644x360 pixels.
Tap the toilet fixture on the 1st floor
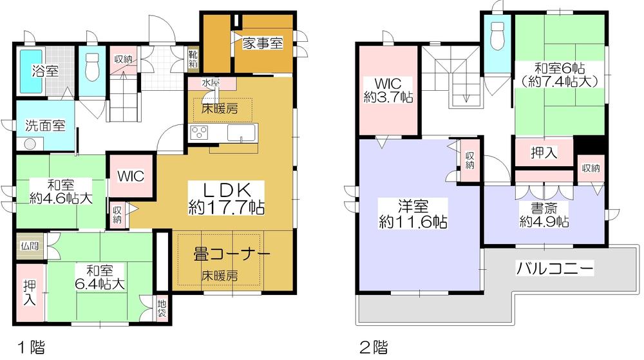tap(91, 67)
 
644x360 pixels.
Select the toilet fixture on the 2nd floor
tap(497, 36)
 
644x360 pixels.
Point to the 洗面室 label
tap(45, 125)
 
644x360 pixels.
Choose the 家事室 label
tap(263, 43)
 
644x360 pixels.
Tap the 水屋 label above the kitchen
tap(210, 83)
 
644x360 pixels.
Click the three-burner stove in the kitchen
tap(200, 133)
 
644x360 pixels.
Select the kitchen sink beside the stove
tap(243, 135)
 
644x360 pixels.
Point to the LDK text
tap(226, 189)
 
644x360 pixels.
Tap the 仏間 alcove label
tap(29, 245)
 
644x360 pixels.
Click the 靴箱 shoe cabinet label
tap(193, 60)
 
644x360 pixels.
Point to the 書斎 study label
tap(544, 214)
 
